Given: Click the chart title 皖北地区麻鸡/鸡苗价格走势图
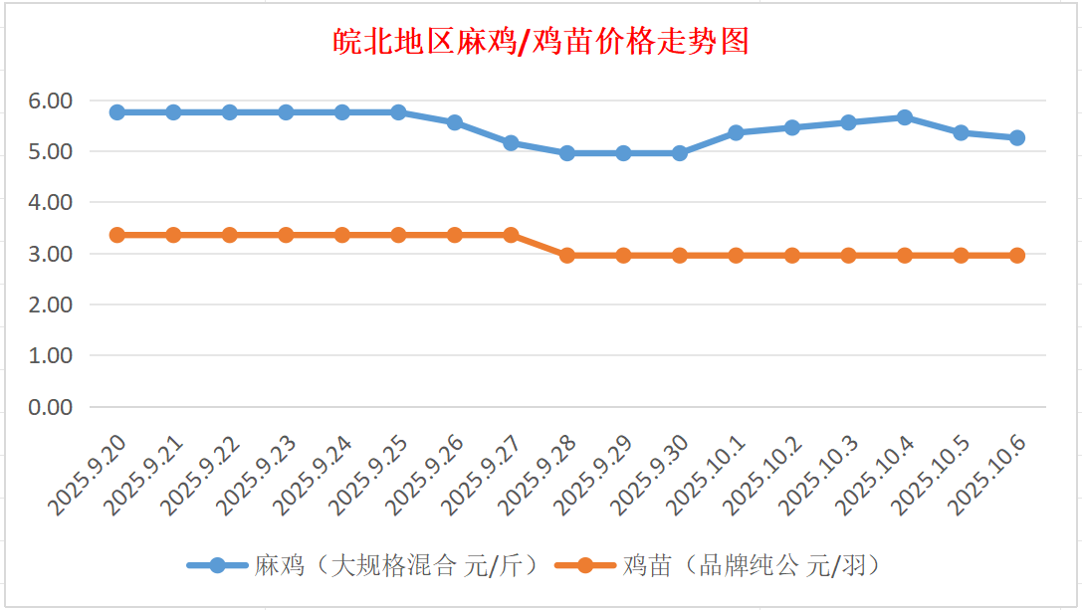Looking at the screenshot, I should (x=541, y=42).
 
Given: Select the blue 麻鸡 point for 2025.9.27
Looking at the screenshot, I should (x=511, y=143).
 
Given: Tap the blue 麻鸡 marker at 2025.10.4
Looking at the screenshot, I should (x=905, y=117).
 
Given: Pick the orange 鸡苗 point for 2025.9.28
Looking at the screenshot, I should (x=567, y=256).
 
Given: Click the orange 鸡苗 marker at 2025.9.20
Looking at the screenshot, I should (x=116, y=235).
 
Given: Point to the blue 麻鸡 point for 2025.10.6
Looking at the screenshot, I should (x=1017, y=138).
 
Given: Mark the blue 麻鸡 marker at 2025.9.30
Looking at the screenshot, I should (x=680, y=153).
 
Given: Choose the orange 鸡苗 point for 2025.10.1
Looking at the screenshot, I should (x=736, y=256).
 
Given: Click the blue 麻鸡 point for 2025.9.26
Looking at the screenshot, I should (x=455, y=122).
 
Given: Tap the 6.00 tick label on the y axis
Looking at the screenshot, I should (x=51, y=101).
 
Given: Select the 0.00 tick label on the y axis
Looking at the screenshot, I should (x=51, y=407).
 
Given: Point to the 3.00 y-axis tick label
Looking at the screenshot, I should (x=51, y=254).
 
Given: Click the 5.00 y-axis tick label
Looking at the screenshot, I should (x=51, y=152).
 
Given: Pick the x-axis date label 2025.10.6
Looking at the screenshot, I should (x=989, y=476).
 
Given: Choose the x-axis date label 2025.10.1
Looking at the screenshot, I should (x=708, y=476).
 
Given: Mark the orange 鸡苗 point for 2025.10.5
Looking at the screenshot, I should (x=962, y=256).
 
